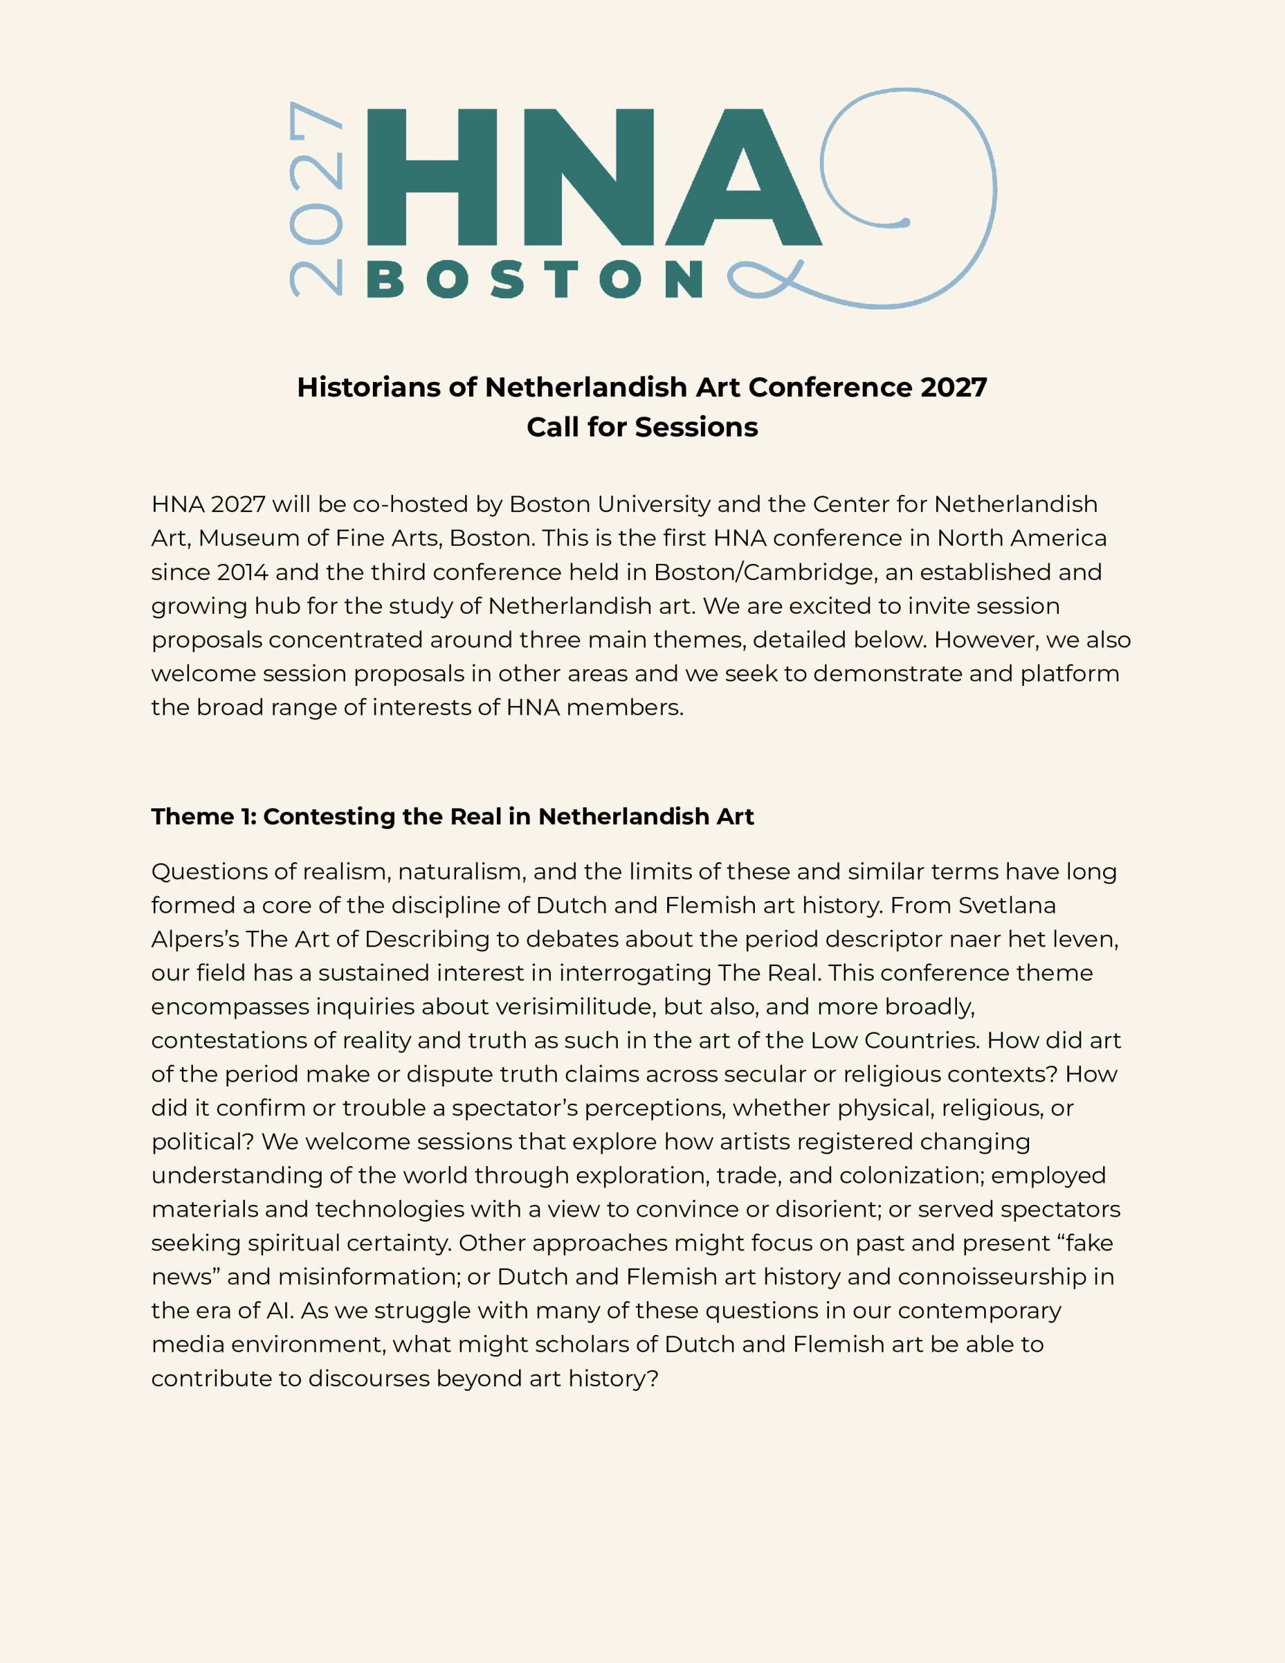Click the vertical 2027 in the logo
(x=315, y=199)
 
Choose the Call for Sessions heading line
(x=642, y=427)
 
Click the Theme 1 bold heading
(x=452, y=817)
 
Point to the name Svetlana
(x=1007, y=906)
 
